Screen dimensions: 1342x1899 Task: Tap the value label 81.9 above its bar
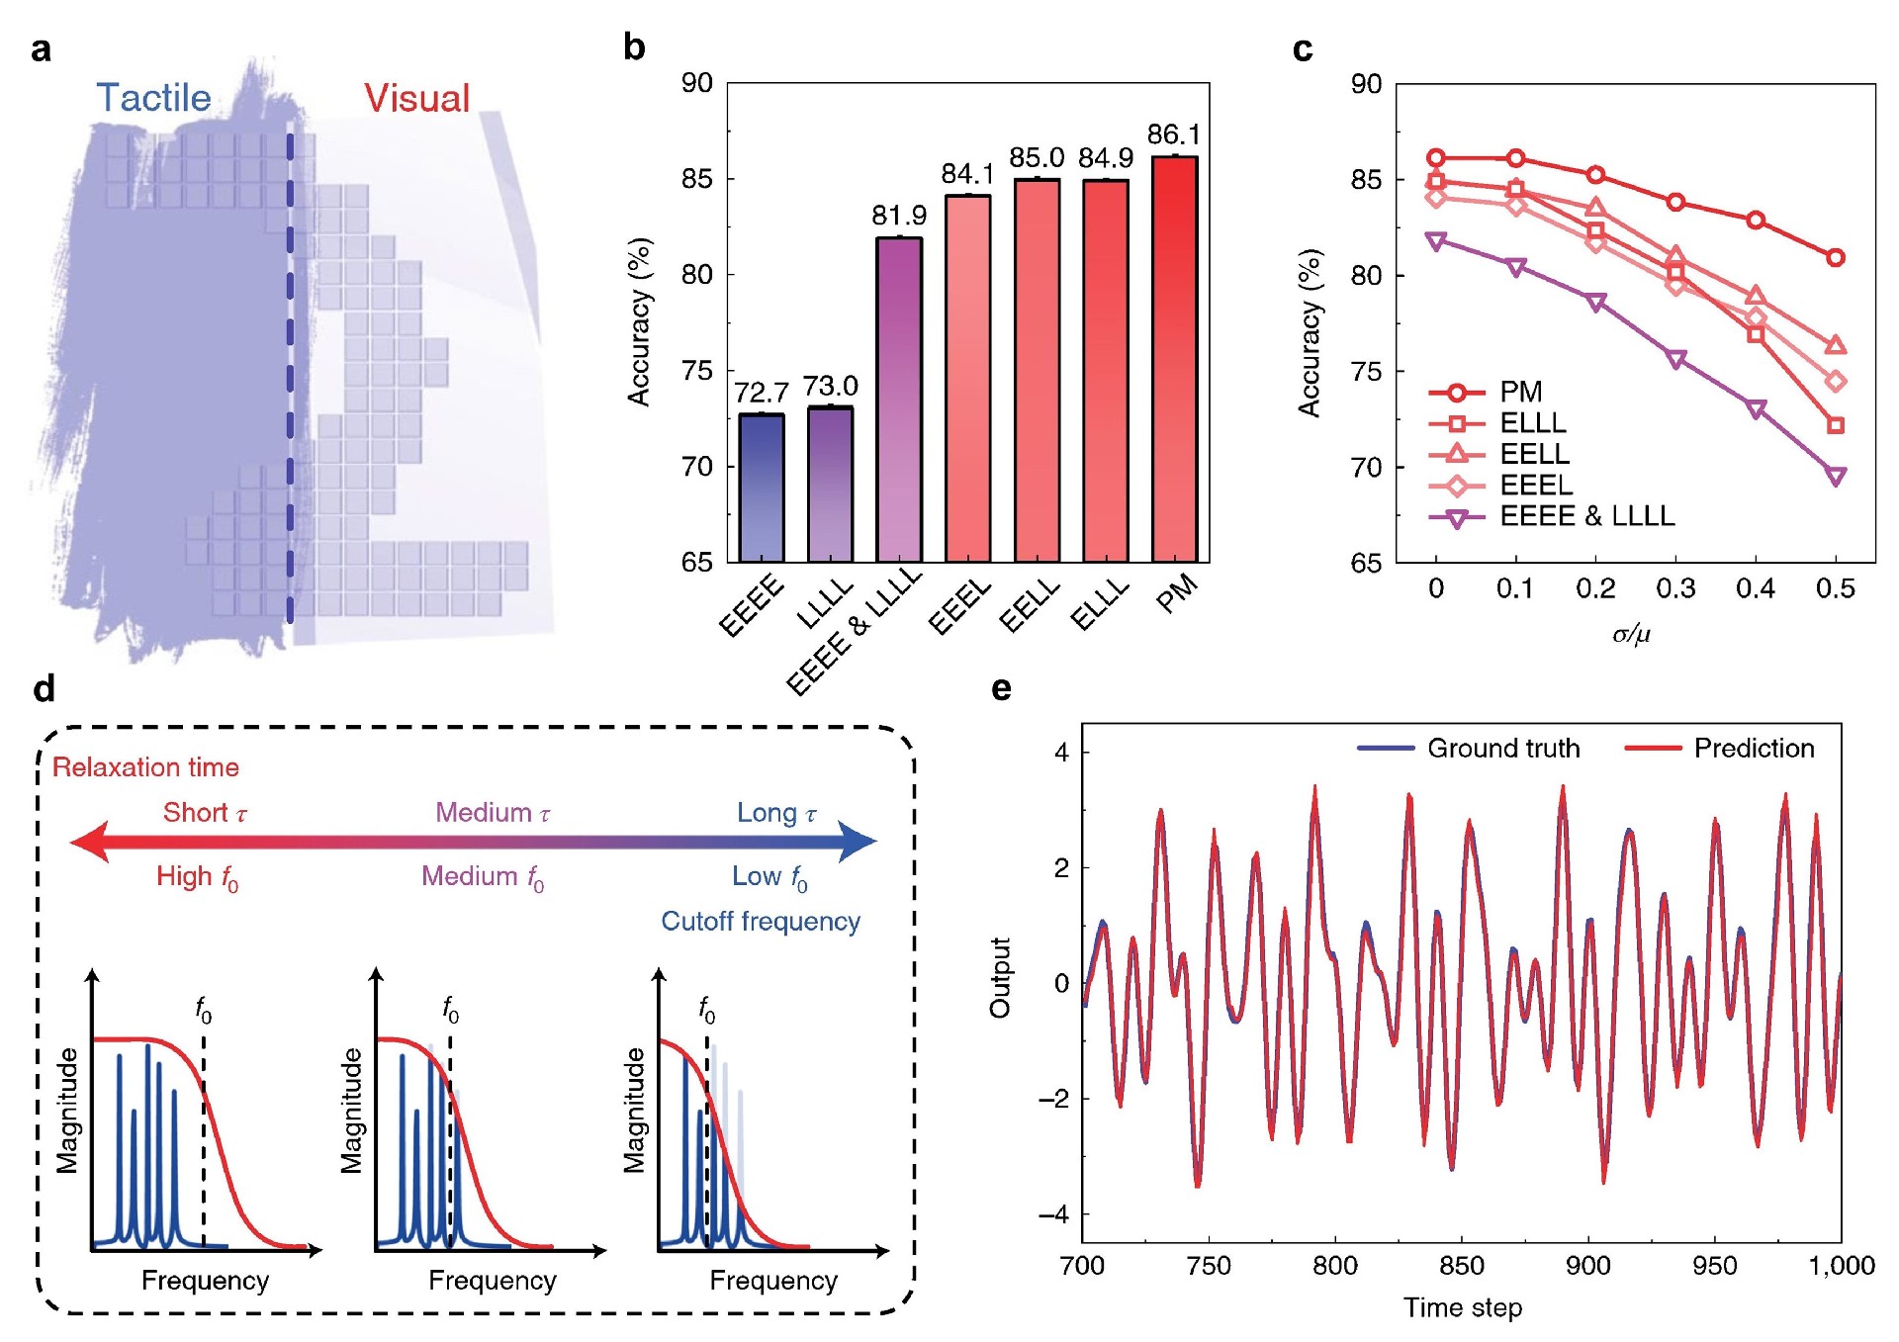coord(899,216)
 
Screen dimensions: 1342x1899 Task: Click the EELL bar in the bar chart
coord(1037,371)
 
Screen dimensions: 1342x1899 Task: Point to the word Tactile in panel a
coord(153,98)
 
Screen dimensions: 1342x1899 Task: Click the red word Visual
coord(416,99)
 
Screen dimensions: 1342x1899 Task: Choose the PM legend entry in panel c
coord(1520,392)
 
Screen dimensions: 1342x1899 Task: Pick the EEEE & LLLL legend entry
coord(1586,516)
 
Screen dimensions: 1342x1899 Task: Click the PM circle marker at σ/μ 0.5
coord(1836,257)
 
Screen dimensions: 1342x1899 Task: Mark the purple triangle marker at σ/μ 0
coord(1436,240)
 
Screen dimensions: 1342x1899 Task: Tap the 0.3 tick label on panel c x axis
coord(1675,589)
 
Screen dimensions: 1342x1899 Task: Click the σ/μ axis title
coord(1632,634)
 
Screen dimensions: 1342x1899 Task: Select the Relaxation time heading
coord(145,767)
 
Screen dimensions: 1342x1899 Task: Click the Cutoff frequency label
coord(761,922)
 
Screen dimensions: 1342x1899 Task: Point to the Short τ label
coord(205,813)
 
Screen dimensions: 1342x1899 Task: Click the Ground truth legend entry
coord(1502,749)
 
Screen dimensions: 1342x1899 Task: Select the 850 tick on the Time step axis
coord(1462,1266)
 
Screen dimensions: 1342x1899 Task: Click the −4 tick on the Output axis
coord(1053,1214)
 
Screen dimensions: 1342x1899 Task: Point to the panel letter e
coord(1001,689)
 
